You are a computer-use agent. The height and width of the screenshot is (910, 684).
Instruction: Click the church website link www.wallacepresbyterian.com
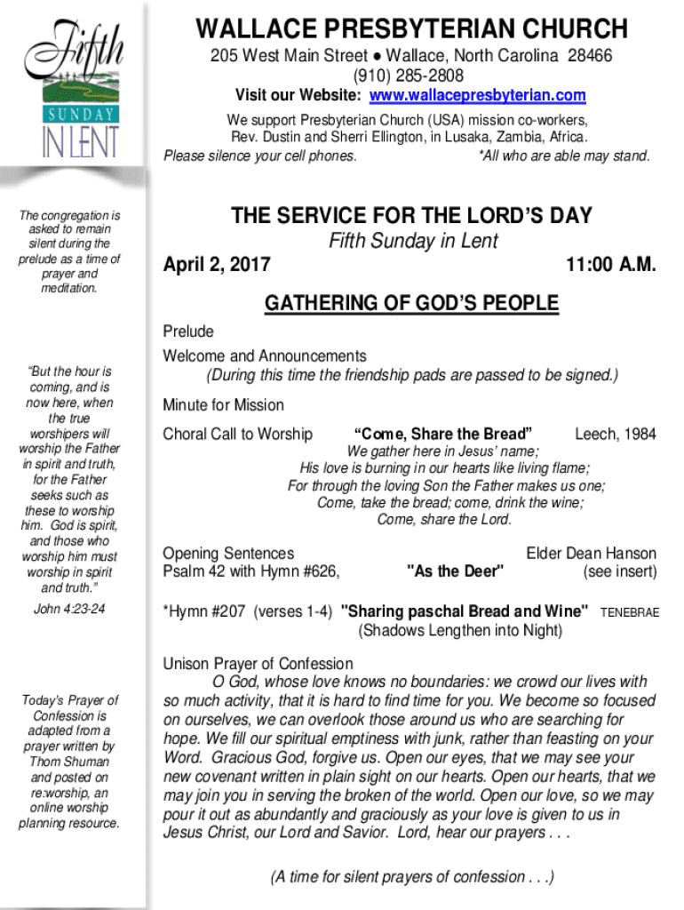click(477, 95)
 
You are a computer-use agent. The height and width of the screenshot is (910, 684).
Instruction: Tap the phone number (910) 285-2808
click(411, 75)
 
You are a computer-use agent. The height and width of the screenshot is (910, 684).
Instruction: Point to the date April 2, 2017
click(218, 265)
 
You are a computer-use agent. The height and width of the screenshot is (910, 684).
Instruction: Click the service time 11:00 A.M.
click(610, 265)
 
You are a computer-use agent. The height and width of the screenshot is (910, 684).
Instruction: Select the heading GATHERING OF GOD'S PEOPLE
click(411, 304)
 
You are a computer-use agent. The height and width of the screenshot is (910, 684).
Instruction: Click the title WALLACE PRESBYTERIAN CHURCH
click(411, 28)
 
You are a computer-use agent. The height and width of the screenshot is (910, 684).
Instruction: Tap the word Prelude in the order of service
click(188, 331)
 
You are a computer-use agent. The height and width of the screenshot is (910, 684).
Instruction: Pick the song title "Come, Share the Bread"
click(443, 434)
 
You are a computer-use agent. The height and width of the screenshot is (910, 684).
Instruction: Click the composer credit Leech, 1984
click(616, 434)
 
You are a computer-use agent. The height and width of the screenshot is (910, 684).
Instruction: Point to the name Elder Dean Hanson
click(592, 554)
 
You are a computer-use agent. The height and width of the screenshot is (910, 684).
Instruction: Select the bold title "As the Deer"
click(455, 571)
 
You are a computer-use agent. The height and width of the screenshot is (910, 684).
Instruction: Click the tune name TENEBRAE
click(630, 612)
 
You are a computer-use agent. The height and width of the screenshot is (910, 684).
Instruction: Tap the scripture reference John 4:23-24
click(69, 609)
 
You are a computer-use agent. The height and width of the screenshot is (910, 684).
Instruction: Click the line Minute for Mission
click(223, 405)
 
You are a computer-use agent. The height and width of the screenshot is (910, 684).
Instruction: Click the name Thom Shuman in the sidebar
click(69, 762)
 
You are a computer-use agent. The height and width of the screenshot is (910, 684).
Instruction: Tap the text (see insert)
click(619, 571)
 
